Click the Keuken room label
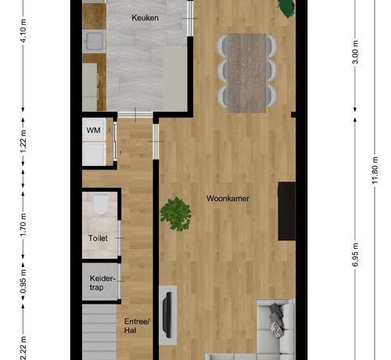tap(145, 18)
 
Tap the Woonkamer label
tap(228, 199)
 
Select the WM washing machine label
tap(93, 130)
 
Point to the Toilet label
tap(98, 238)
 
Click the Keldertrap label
tap(102, 283)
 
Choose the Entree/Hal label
tap(137, 326)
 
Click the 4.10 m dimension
tap(23, 31)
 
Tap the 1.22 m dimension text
tap(23, 142)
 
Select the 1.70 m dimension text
tap(23, 225)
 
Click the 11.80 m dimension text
tap(375, 171)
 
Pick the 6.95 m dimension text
tap(355, 255)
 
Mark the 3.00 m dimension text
tap(355, 52)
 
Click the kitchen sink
tap(94, 41)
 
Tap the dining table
tap(247, 73)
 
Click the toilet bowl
tap(101, 204)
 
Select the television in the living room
tap(167, 315)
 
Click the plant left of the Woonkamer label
tap(176, 214)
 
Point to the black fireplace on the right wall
tap(287, 211)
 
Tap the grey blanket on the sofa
tap(276, 320)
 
